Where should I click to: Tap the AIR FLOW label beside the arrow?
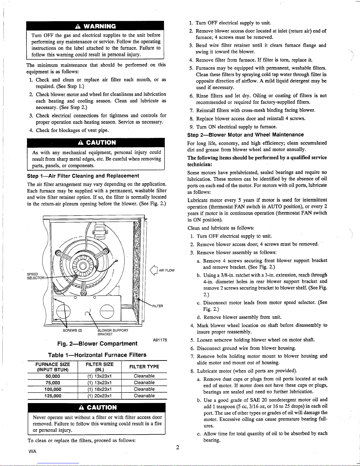coord(166,270)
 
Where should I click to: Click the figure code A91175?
coord(160,340)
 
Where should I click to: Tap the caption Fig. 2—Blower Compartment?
coord(97,344)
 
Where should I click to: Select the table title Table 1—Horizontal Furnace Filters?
coord(97,355)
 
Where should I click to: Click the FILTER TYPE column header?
coord(144,367)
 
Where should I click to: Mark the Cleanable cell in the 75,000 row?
coord(144,383)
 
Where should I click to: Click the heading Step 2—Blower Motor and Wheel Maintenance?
coord(245,135)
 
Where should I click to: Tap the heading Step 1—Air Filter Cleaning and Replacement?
coord(83,176)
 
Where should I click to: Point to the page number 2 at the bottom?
coord(178,448)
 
